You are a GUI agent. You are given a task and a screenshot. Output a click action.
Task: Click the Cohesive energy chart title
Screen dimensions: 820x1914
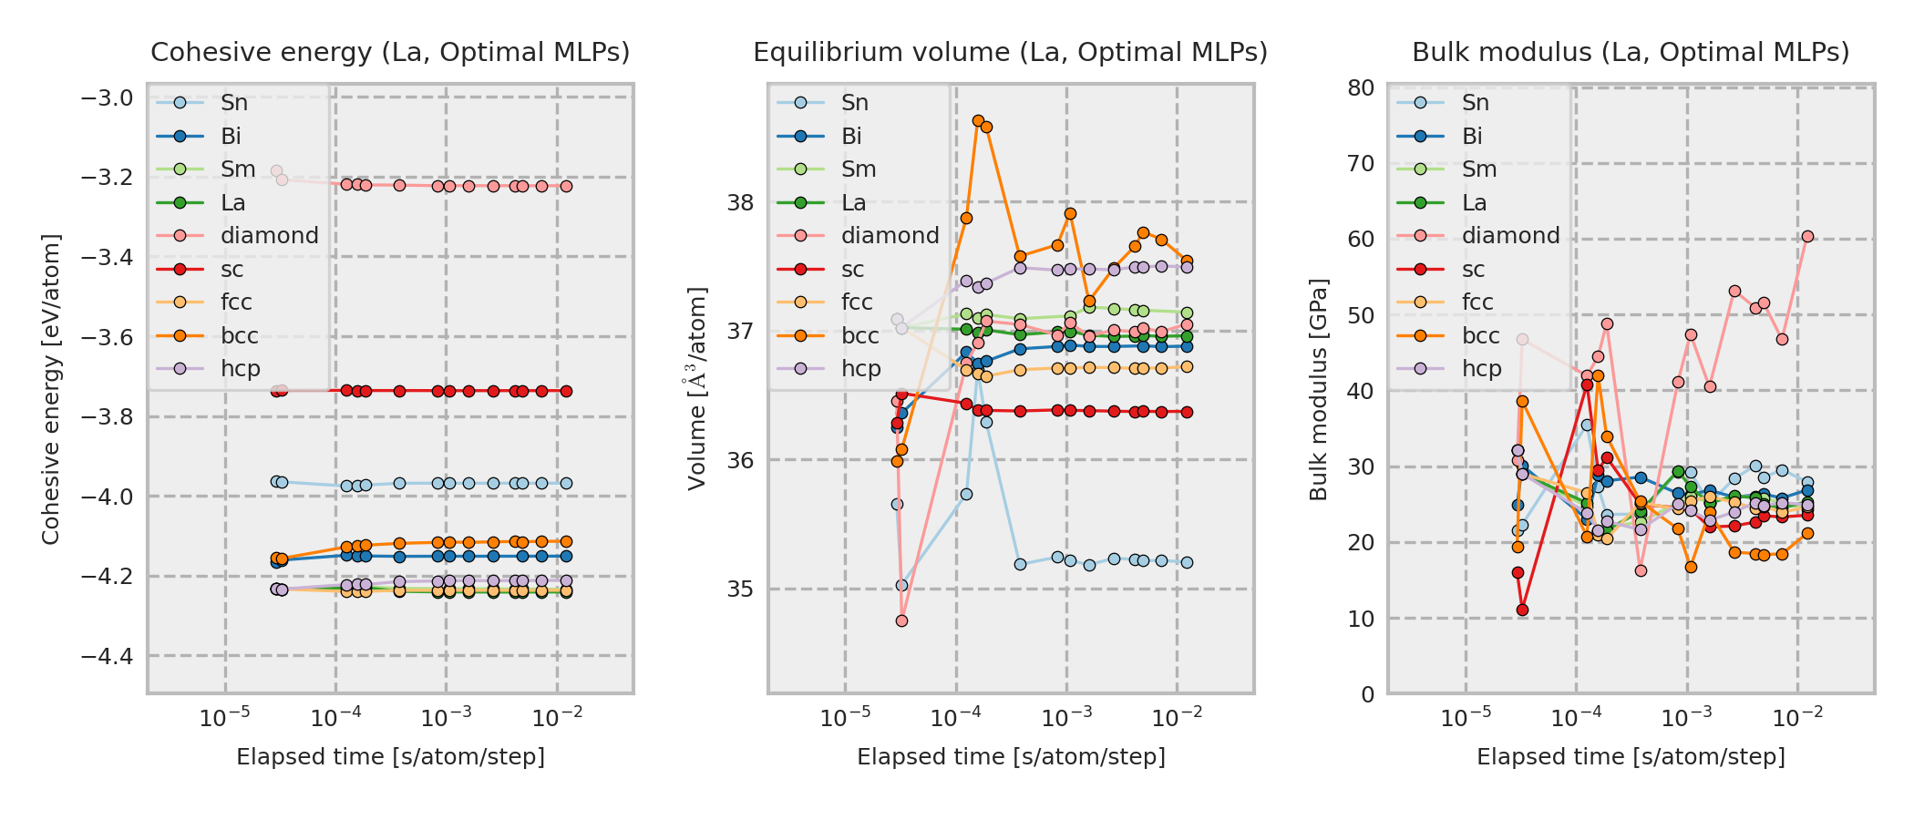pyautogui.click(x=390, y=53)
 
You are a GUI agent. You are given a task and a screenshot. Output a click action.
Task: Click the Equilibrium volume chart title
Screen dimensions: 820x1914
pyautogui.click(x=1010, y=53)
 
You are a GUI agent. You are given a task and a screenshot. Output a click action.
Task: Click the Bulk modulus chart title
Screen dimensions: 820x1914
pyautogui.click(x=1631, y=53)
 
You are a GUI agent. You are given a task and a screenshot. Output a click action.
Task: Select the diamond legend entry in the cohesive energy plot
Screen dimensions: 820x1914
pyautogui.click(x=269, y=236)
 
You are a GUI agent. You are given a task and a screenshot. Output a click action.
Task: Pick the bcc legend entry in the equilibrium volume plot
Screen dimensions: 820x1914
pyautogui.click(x=859, y=336)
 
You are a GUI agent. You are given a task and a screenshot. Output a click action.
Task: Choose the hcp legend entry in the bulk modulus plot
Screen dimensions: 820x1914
pyautogui.click(x=1481, y=369)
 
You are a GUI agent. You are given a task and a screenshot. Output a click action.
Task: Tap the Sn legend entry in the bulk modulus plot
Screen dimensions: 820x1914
pyautogui.click(x=1475, y=103)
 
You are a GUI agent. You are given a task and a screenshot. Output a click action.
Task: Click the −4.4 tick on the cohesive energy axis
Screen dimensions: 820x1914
pyautogui.click(x=108, y=656)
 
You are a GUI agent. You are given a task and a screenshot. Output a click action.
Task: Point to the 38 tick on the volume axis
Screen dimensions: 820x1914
pyautogui.click(x=740, y=202)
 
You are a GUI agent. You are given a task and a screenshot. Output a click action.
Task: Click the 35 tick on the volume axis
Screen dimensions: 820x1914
pyautogui.click(x=740, y=589)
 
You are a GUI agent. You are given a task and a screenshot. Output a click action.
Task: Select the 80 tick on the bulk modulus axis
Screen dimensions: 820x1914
pyautogui.click(x=1361, y=87)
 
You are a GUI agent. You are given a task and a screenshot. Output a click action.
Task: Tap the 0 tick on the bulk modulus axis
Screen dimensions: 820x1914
pyautogui.click(x=1367, y=694)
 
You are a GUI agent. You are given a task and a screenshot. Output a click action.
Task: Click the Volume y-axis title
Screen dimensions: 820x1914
pyautogui.click(x=697, y=388)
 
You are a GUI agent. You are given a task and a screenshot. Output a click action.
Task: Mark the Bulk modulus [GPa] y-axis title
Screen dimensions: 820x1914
pyautogui.click(x=1318, y=389)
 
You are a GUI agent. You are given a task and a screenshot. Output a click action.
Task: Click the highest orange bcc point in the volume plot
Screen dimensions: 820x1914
pyautogui.click(x=978, y=120)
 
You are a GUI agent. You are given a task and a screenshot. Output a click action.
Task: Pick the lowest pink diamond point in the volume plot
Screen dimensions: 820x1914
pyautogui.click(x=901, y=620)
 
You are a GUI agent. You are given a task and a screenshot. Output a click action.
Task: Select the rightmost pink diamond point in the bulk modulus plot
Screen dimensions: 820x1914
pyautogui.click(x=1807, y=237)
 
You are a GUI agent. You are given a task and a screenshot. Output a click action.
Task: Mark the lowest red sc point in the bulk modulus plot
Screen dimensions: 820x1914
pyautogui.click(x=1522, y=610)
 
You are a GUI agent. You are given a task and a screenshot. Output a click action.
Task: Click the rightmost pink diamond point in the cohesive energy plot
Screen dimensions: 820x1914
pyautogui.click(x=566, y=186)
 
